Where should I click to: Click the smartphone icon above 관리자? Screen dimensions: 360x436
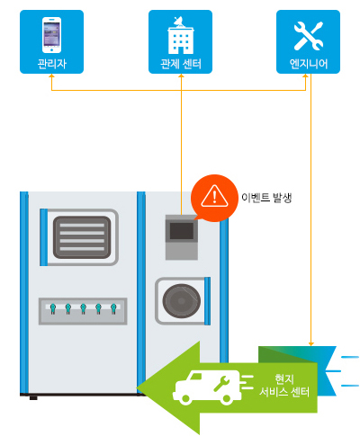(51, 35)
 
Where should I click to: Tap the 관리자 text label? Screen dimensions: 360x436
(51, 64)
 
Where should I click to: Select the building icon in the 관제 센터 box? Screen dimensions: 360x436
(181, 35)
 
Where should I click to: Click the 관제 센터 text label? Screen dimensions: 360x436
(181, 64)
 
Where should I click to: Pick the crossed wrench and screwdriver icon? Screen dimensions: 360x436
(309, 36)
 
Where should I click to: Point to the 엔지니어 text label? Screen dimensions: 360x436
(309, 64)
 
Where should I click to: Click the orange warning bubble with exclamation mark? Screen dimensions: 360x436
(214, 198)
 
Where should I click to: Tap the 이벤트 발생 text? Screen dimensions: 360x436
(266, 198)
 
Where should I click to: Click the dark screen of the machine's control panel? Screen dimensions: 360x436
(182, 231)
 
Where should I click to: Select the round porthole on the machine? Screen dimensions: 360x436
(182, 301)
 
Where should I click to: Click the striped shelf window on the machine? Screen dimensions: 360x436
(82, 237)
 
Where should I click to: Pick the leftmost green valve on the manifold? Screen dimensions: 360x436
(53, 308)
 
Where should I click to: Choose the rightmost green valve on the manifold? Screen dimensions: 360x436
(113, 308)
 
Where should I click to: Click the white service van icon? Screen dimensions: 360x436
(207, 387)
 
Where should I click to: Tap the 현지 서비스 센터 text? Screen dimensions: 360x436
(284, 386)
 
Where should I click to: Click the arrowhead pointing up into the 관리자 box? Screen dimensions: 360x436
(51, 76)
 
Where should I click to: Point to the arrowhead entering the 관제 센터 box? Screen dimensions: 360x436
(181, 76)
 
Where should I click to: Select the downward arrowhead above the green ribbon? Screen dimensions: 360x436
(311, 343)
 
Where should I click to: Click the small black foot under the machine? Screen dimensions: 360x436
(33, 398)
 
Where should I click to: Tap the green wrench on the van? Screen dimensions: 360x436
(221, 384)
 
